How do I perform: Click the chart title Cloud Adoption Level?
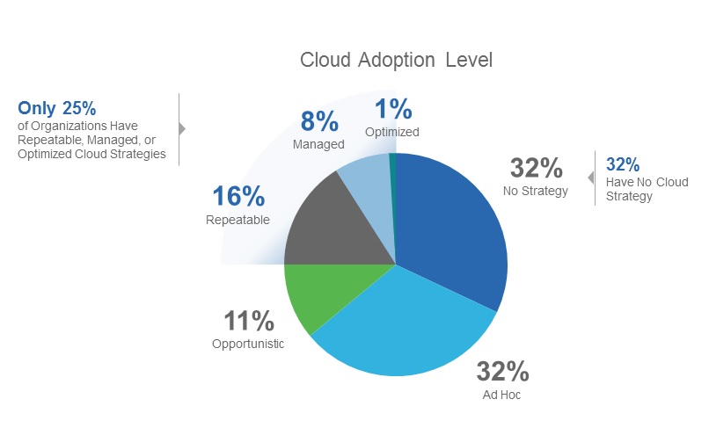click(396, 60)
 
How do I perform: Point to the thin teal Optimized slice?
click(392, 176)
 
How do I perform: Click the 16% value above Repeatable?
click(238, 197)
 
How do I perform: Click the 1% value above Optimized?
click(393, 109)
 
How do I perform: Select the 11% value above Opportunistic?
click(247, 321)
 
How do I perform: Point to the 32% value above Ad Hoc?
click(502, 372)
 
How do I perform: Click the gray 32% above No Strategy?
click(537, 167)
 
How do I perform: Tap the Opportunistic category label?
click(248, 344)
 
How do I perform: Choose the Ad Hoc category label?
click(502, 395)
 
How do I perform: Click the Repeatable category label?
click(238, 220)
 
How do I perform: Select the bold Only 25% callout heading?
click(57, 108)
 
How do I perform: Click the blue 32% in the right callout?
click(623, 164)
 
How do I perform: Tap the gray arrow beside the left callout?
click(182, 129)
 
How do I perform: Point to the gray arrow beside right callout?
click(591, 178)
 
